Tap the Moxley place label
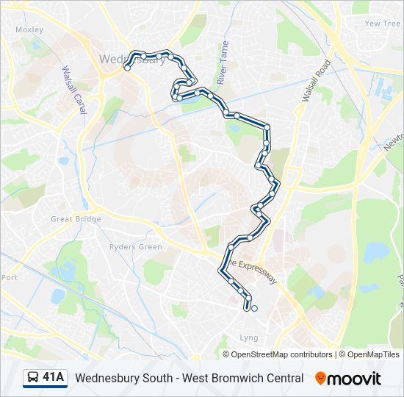click(29, 30)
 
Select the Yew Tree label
click(382, 24)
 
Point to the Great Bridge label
click(71, 218)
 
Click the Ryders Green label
click(135, 247)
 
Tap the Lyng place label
click(249, 337)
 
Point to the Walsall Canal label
click(75, 90)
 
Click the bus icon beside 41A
click(33, 378)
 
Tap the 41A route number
click(54, 378)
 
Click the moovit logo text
click(354, 379)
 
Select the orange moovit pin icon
click(320, 378)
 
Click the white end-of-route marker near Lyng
click(254, 309)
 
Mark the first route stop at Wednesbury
click(127, 68)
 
